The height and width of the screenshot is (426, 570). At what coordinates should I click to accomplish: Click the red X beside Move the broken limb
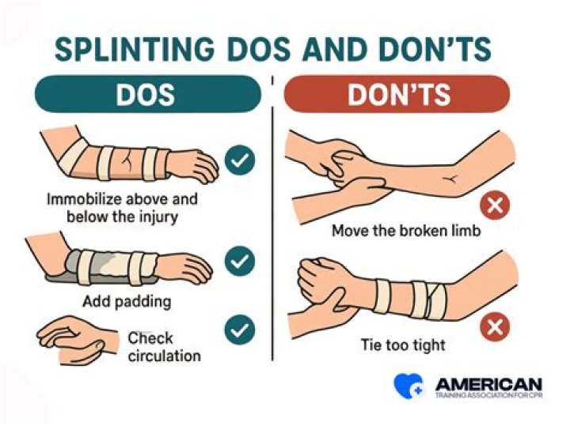pyautogui.click(x=496, y=205)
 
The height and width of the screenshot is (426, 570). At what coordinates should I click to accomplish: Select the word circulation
pyautogui.click(x=164, y=356)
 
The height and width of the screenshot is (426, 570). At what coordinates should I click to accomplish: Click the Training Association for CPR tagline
pyautogui.click(x=488, y=394)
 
